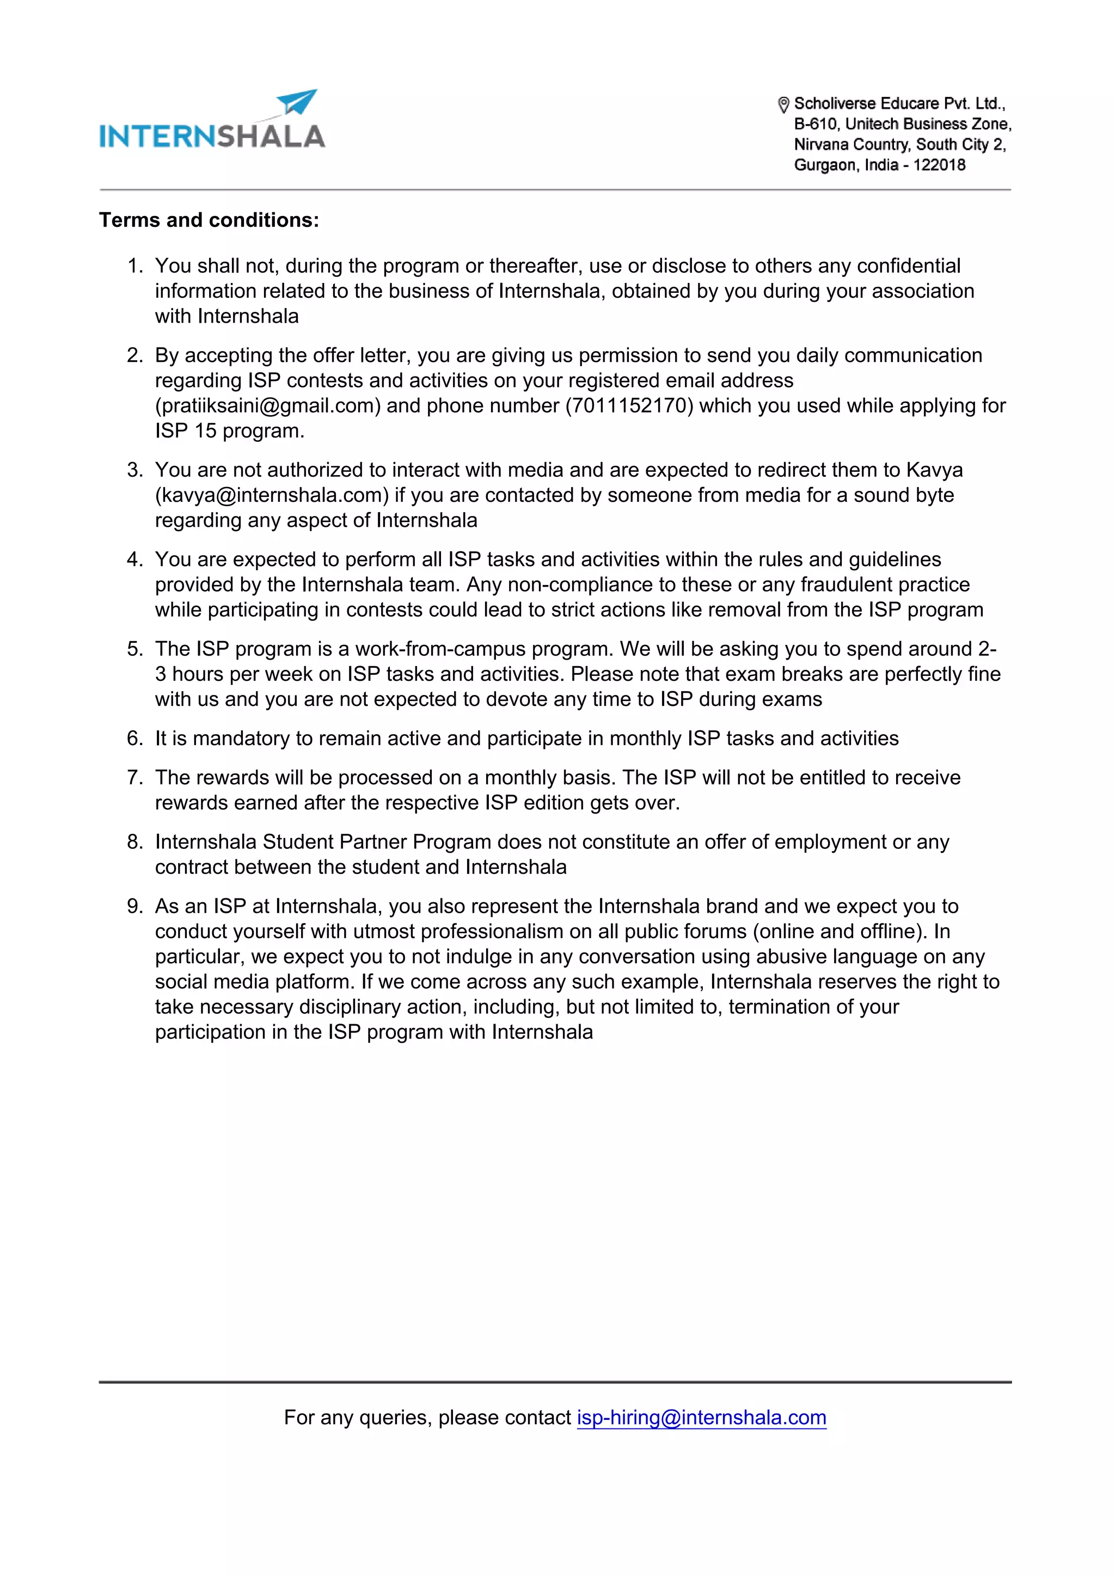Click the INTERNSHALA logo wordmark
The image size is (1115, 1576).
[x=212, y=137]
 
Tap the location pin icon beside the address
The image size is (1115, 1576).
[x=783, y=104]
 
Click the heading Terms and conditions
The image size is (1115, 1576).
[x=209, y=220]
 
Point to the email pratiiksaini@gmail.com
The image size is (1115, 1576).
[x=268, y=405]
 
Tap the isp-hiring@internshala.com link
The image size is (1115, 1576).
[x=701, y=1418]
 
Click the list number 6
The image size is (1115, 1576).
[x=134, y=738]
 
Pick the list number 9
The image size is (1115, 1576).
[x=134, y=906]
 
